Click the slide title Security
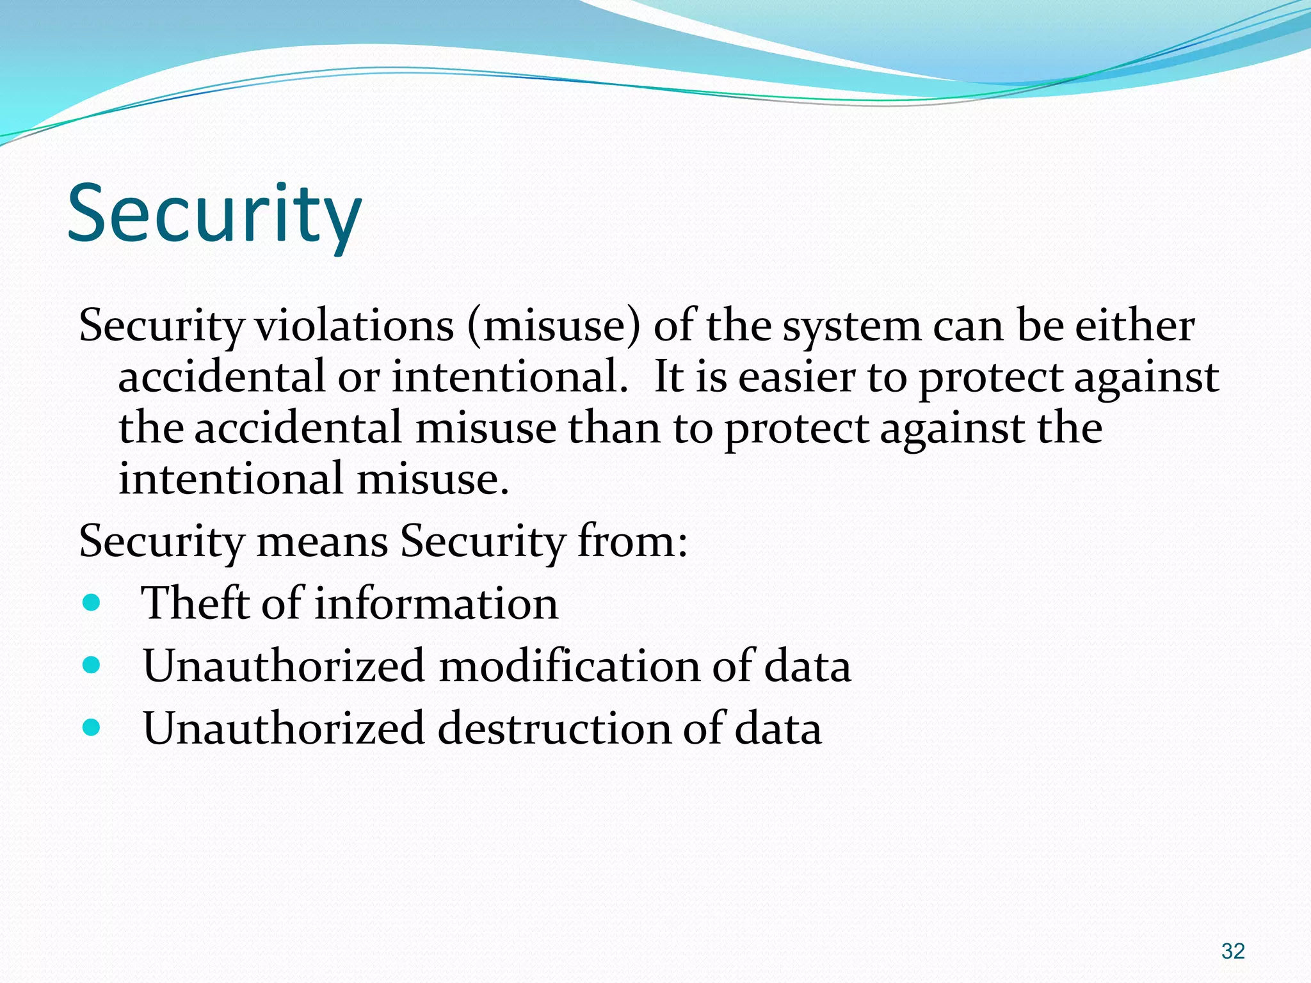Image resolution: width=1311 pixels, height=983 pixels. coord(214,214)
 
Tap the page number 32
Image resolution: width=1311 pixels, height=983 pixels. coord(1232,951)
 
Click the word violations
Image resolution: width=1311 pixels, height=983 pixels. coord(355,326)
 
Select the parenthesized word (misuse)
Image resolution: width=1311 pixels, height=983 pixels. coord(554,326)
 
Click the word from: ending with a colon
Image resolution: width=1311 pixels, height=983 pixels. coord(632,541)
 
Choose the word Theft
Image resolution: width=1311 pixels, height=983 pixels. coord(195,603)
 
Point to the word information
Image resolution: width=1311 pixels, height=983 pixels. coord(436,603)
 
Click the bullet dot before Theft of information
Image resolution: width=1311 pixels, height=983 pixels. coord(92,602)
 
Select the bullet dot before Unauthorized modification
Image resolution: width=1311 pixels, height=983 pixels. coord(92,665)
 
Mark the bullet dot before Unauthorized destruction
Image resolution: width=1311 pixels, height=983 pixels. coord(92,727)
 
